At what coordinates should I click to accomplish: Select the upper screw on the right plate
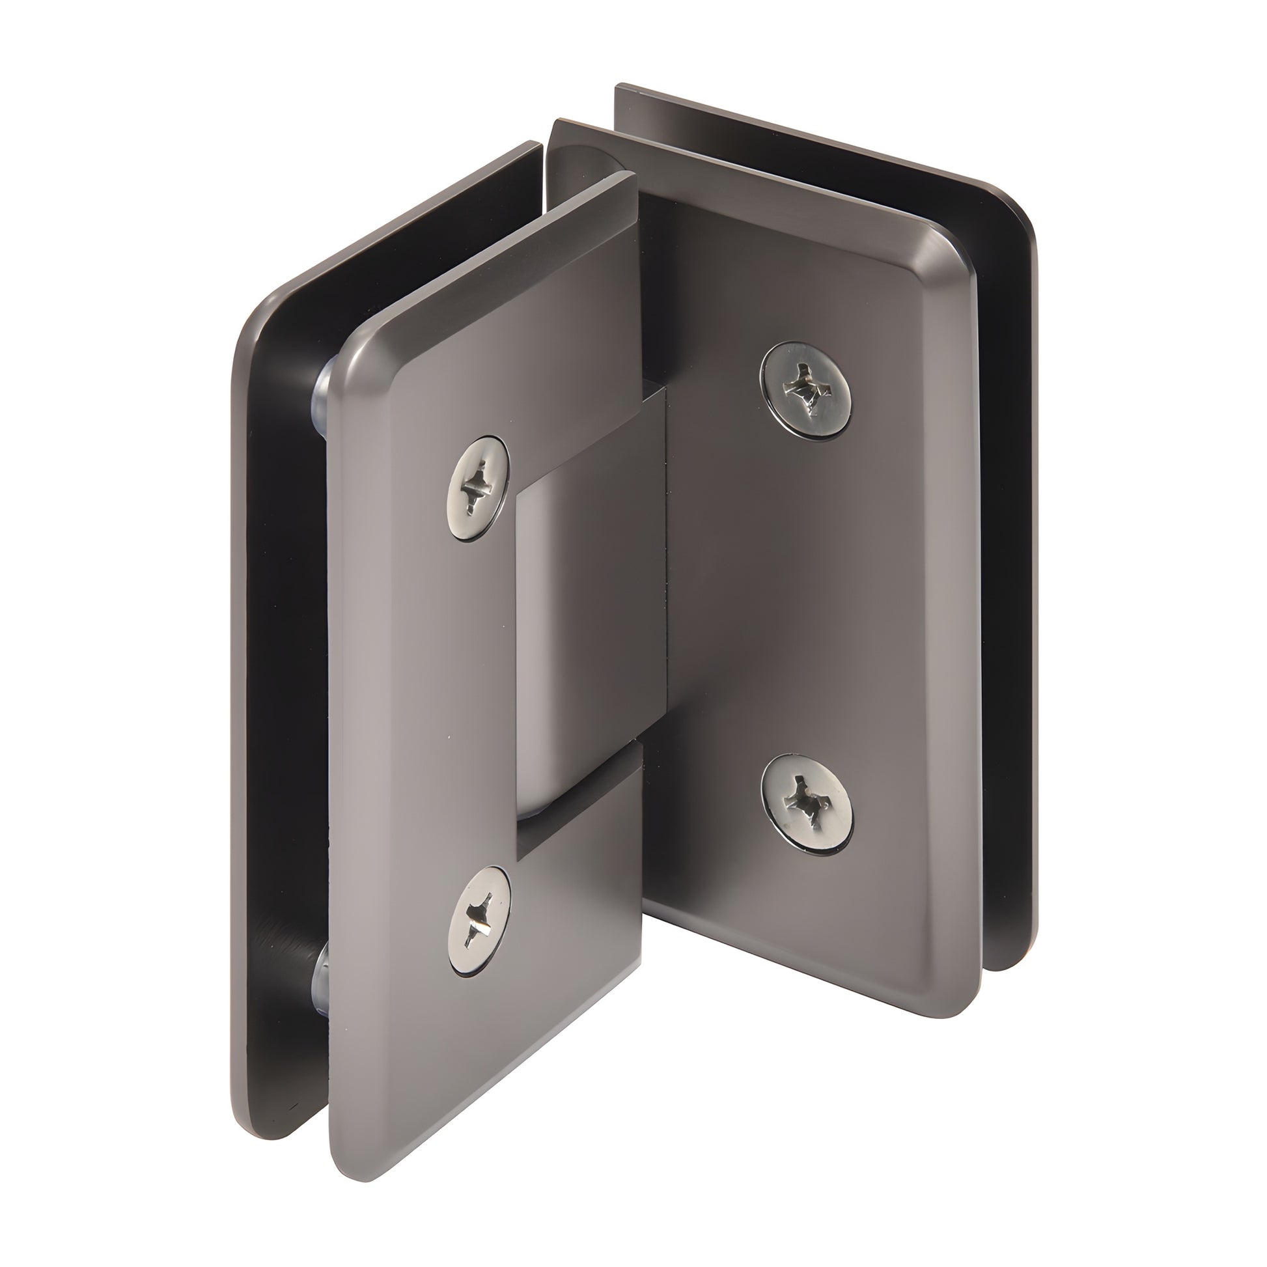pyautogui.click(x=806, y=388)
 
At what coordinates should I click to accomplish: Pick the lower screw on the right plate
pyautogui.click(x=807, y=803)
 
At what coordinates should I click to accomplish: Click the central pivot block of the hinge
pyautogui.click(x=591, y=604)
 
